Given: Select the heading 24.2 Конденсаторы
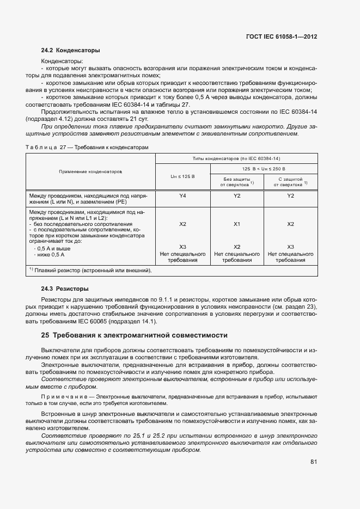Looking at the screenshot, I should coord(70,51).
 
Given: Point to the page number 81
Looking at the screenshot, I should coord(314,462).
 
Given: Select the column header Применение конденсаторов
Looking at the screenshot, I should coord(91,171).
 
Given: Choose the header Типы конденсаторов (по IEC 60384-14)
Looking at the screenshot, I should coord(236,158).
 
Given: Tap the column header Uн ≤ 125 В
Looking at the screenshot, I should coord(182,177).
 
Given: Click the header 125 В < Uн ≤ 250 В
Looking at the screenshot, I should coord(264,169).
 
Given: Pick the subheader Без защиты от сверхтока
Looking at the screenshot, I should coord(236,181).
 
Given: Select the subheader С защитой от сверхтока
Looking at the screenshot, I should coord(290,181).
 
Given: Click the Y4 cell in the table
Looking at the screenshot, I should coord(182,195).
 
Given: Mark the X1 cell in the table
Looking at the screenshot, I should coord(236,224).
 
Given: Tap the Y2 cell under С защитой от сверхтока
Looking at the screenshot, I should coord(290,195).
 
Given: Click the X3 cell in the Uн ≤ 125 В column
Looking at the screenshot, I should coord(182,247).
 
